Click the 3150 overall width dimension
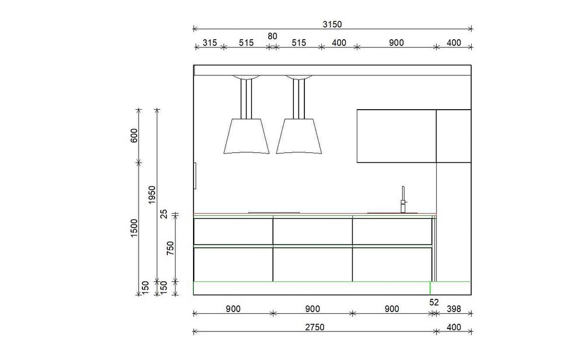pyautogui.click(x=332, y=25)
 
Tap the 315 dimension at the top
pyautogui.click(x=210, y=43)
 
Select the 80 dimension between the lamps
pyautogui.click(x=272, y=36)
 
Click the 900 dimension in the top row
pyautogui.click(x=396, y=43)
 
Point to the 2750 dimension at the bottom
pyautogui.click(x=315, y=327)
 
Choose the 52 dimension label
pyautogui.click(x=434, y=302)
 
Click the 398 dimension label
pyautogui.click(x=454, y=309)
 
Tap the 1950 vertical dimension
pyautogui.click(x=152, y=194)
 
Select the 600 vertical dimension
pyautogui.click(x=134, y=135)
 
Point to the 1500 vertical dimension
pyautogui.click(x=134, y=228)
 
